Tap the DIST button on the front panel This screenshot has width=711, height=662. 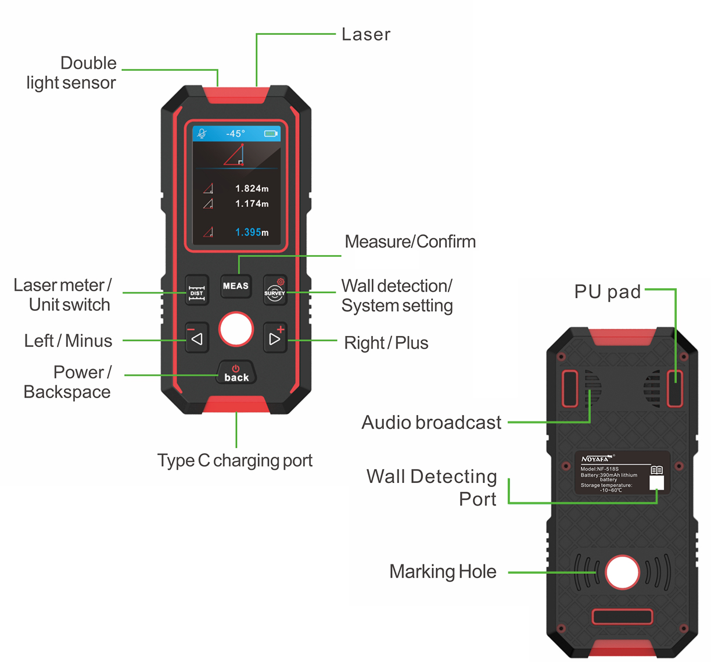click(196, 289)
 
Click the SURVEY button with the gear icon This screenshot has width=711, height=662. click(275, 289)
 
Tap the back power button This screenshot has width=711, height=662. click(236, 374)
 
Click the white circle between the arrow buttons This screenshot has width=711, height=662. click(236, 330)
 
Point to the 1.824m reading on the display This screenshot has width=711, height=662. click(252, 188)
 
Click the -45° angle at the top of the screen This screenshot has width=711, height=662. click(235, 134)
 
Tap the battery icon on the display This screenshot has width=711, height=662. click(271, 134)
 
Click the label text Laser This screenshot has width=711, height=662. click(365, 35)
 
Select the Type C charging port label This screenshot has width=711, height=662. click(235, 460)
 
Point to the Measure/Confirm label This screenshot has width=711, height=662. click(410, 242)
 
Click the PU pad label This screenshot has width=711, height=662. click(607, 292)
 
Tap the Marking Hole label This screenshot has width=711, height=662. click(443, 572)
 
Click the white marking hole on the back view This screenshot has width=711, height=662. click(622, 572)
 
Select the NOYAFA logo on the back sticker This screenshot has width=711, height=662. click(596, 459)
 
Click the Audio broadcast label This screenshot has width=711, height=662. click(431, 423)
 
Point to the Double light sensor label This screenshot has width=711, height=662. click(71, 73)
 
